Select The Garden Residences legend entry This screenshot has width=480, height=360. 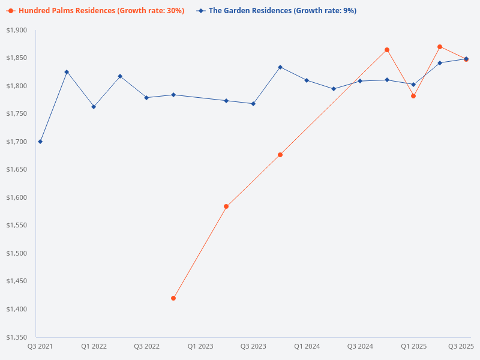tap(282, 11)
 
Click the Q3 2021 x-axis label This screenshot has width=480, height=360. tap(40, 347)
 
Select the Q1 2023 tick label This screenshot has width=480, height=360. tap(200, 347)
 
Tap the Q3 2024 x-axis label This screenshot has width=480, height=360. tap(360, 347)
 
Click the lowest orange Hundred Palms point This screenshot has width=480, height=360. tap(173, 298)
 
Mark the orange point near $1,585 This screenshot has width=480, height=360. tap(226, 206)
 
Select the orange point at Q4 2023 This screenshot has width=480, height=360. tap(280, 155)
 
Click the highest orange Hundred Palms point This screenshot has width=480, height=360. tap(440, 47)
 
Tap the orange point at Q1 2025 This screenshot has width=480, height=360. tap(413, 96)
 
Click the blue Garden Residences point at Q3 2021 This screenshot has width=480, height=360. tap(40, 142)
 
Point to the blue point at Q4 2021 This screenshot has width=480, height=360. tap(67, 72)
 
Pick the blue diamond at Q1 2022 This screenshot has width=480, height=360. tap(94, 107)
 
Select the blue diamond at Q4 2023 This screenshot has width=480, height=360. tap(280, 67)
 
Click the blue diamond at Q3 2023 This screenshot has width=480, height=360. tap(253, 104)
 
